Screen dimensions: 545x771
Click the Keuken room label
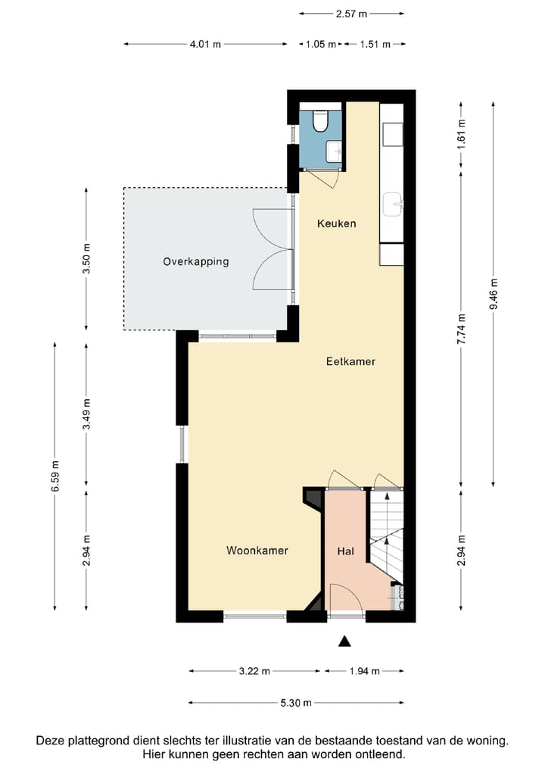coord(337,223)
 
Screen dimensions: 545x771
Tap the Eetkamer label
coord(351,361)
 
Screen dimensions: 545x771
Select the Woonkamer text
coord(257,550)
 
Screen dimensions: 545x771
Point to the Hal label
coord(345,551)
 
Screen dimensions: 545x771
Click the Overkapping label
coord(196,261)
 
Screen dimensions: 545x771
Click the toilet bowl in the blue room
coord(320,121)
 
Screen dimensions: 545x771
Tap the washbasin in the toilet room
coord(335,151)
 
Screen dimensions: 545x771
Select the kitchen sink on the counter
coord(393,204)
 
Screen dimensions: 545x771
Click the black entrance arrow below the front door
coord(344,641)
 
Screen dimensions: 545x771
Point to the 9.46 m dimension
coord(494,294)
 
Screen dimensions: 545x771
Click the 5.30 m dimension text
coord(296,703)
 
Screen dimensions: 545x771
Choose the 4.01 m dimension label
coord(205,44)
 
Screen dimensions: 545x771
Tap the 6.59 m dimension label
coord(55,476)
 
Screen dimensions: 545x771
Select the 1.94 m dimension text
coord(365,671)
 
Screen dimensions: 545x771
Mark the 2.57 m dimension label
coord(351,14)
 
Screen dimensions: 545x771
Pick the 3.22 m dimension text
coord(254,671)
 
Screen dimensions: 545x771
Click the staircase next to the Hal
coord(387,536)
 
